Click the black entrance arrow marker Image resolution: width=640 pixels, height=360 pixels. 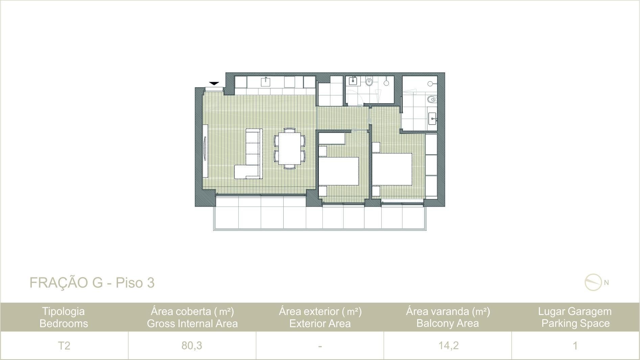[x=214, y=83]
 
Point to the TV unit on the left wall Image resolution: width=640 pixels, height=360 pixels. [x=205, y=151]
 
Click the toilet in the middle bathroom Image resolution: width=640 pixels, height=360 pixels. [x=369, y=81]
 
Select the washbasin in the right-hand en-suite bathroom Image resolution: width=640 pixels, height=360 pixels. [x=433, y=119]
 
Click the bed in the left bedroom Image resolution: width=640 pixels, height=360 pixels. [x=339, y=171]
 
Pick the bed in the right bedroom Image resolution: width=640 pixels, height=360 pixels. [x=392, y=169]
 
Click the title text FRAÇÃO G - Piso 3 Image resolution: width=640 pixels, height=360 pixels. [x=92, y=283]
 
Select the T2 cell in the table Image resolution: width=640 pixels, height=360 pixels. [x=64, y=345]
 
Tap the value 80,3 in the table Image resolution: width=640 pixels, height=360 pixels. [x=192, y=345]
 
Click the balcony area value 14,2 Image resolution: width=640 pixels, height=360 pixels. [x=448, y=345]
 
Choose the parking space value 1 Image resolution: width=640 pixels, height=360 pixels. [x=575, y=345]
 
